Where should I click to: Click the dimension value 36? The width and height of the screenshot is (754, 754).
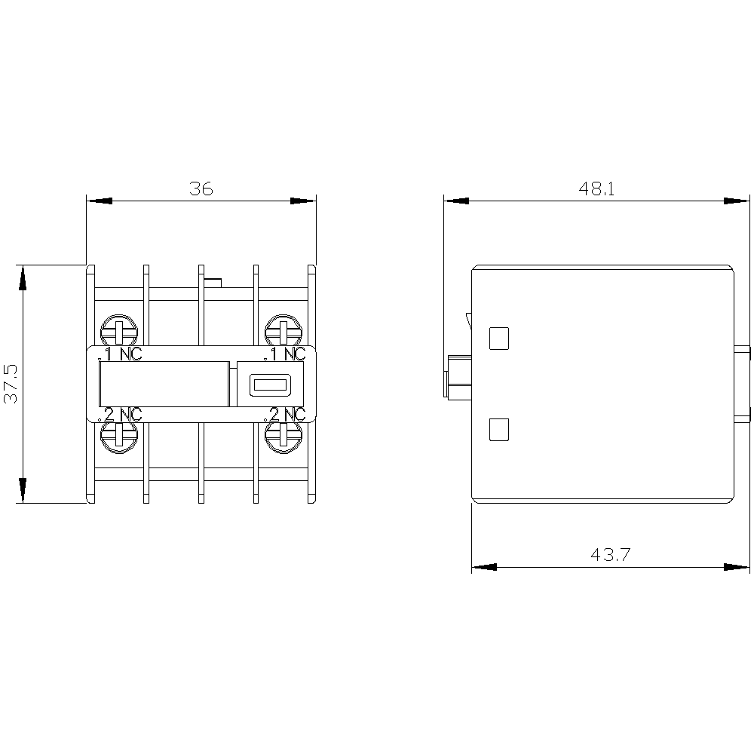(x=201, y=188)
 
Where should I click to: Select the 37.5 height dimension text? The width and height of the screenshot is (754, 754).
(x=11, y=384)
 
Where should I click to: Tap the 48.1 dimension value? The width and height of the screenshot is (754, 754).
(x=596, y=188)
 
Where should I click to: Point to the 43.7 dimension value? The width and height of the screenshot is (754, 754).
(x=610, y=554)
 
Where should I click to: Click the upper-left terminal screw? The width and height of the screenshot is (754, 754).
(x=119, y=331)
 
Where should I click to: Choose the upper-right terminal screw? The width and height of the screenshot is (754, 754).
(x=284, y=331)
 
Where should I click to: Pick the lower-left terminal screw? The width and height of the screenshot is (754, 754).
(x=119, y=437)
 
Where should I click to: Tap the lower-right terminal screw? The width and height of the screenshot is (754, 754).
(x=284, y=437)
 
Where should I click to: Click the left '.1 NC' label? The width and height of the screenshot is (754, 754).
(x=120, y=354)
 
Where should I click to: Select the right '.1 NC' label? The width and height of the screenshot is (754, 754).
(x=285, y=354)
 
